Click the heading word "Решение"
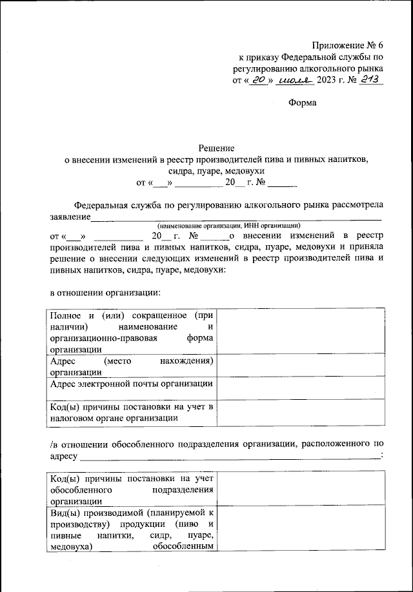(x=216, y=148)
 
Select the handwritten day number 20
(x=259, y=80)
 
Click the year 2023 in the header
(x=328, y=81)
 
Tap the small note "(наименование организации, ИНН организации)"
(x=229, y=226)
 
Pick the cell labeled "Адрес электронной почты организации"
(x=132, y=384)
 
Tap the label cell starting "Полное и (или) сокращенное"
(x=132, y=331)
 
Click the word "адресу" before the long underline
(x=64, y=456)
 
